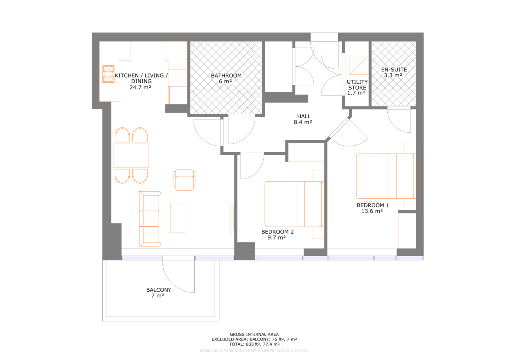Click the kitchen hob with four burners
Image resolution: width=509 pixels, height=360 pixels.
click(108, 74)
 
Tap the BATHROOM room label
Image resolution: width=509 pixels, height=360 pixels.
click(226, 76)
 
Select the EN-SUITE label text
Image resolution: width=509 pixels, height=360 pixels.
click(394, 70)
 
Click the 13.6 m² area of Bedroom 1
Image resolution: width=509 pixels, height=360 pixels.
click(372, 211)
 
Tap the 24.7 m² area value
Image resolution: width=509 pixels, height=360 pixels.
click(140, 87)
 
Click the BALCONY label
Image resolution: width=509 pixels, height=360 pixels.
click(159, 290)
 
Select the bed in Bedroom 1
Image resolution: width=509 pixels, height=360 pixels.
click(385, 176)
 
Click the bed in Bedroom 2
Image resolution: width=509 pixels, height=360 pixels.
click(293, 203)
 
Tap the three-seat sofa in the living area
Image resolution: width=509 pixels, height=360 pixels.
click(150, 218)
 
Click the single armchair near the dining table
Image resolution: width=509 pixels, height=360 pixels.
click(184, 180)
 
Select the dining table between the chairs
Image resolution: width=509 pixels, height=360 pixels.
click(131, 155)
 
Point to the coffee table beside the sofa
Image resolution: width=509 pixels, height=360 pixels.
click(178, 217)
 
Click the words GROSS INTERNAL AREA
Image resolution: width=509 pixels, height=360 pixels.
click(254, 334)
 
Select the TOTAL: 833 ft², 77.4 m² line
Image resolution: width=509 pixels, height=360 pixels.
click(254, 344)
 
